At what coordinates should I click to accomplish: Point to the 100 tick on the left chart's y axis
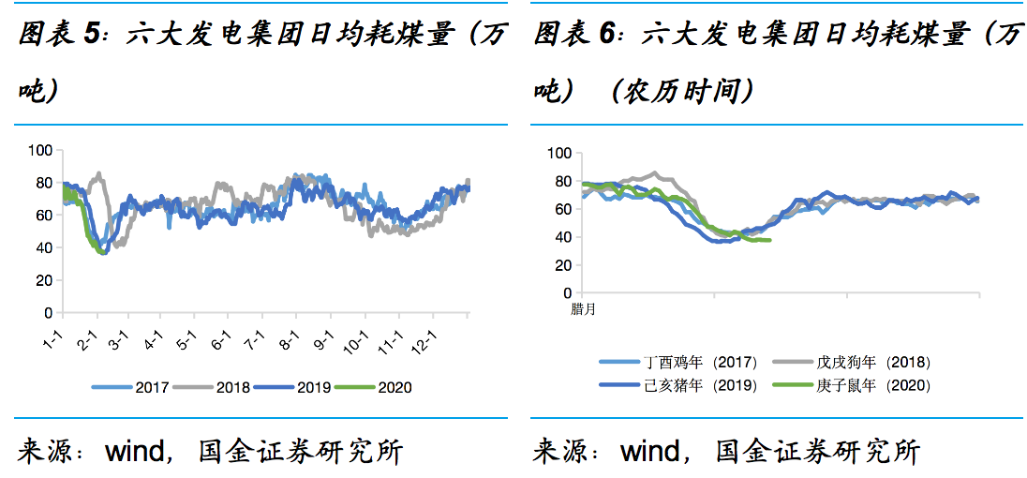(39, 150)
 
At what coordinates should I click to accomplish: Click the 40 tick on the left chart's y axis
(42, 247)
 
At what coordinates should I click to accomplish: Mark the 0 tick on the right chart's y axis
(563, 292)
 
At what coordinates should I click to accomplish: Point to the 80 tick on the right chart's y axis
(559, 181)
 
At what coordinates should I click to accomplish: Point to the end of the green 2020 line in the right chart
(770, 241)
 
